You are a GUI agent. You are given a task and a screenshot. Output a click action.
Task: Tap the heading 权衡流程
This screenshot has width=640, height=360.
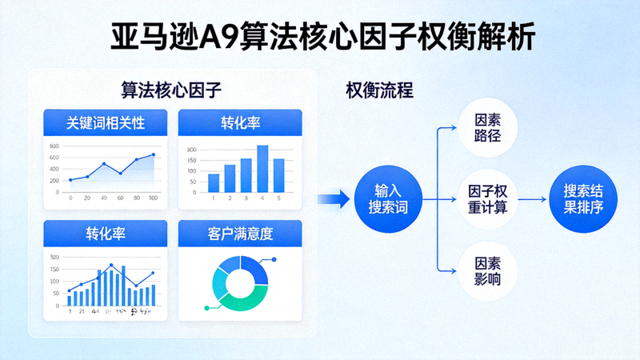click(x=379, y=90)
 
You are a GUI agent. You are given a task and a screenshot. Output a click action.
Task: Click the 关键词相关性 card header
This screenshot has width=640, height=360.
click(x=106, y=122)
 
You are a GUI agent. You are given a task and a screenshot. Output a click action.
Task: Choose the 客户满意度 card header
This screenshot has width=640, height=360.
click(x=239, y=234)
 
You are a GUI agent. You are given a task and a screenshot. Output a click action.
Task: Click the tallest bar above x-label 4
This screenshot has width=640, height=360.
click(x=262, y=169)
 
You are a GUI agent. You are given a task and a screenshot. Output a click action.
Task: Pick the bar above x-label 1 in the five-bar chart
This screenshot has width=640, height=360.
click(x=214, y=182)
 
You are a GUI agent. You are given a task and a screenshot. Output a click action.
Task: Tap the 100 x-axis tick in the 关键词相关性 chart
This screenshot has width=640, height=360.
click(x=154, y=198)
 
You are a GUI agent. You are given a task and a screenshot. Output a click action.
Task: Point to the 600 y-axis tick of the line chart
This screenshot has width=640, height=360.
click(x=54, y=146)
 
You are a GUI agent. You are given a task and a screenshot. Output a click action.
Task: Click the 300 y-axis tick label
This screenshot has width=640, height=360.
click(x=54, y=258)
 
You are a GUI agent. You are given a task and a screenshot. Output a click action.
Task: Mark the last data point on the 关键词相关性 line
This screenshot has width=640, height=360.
click(x=154, y=155)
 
